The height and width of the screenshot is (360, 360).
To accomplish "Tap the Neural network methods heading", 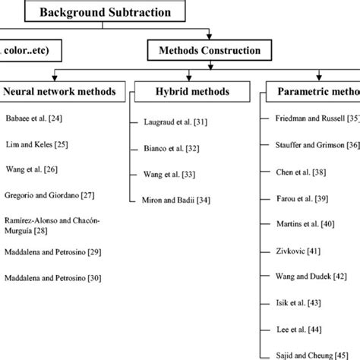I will point(60,92).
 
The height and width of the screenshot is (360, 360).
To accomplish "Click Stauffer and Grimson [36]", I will point(316,145).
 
